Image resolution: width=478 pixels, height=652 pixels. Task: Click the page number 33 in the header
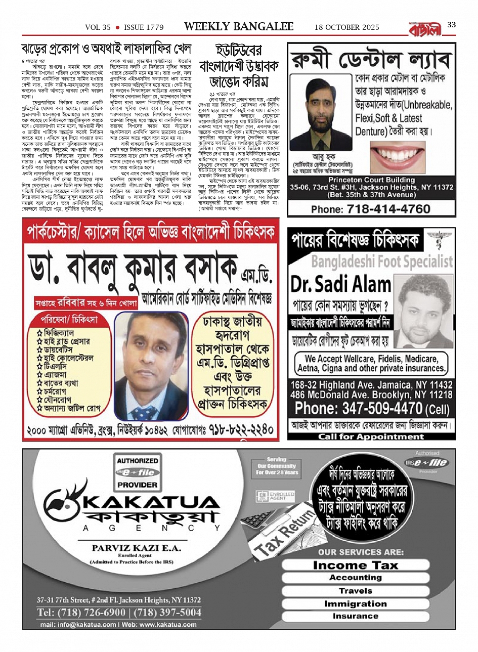[452, 25]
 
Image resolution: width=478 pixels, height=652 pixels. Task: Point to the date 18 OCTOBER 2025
[346, 27]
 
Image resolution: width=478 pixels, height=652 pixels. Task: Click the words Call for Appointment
[371, 436]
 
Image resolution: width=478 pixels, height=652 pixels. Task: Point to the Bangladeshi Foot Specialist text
[382, 261]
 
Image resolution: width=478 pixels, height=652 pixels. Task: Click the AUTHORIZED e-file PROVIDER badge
[137, 473]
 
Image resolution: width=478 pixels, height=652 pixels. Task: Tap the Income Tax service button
[355, 565]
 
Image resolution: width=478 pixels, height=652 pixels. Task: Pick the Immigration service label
[355, 603]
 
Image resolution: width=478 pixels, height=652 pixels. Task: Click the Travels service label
[355, 591]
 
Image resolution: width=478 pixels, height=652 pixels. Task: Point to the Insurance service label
[355, 616]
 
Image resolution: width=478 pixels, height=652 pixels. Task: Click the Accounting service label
[355, 578]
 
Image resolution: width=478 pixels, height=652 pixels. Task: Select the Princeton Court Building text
[371, 180]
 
